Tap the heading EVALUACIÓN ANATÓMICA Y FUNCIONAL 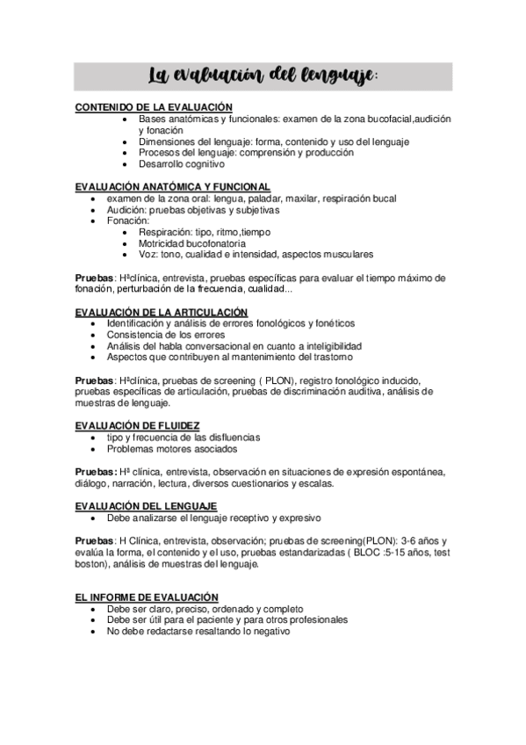point(172,186)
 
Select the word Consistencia point(135,335)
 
